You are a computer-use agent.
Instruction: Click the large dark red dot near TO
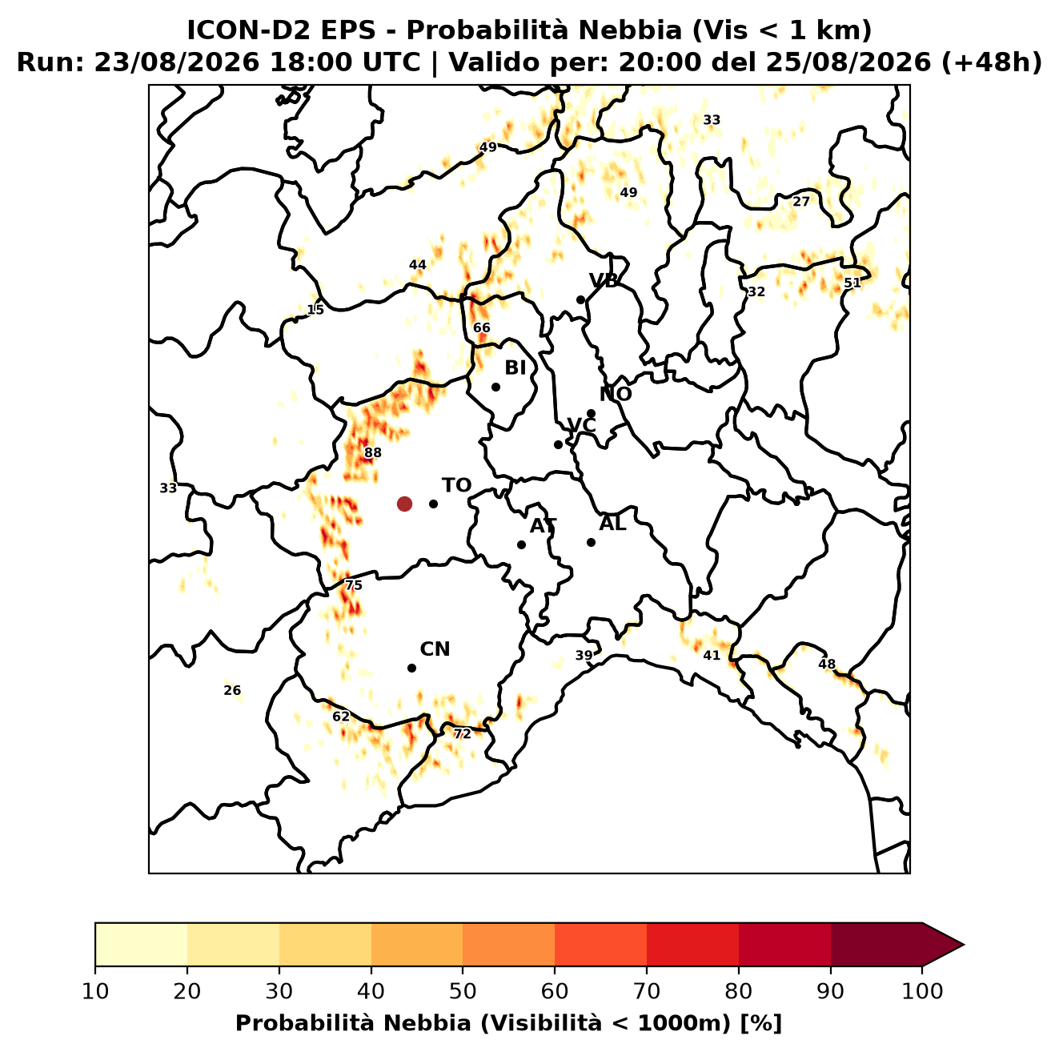(x=404, y=504)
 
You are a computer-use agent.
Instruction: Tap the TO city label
(x=457, y=486)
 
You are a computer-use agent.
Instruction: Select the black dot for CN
(x=411, y=669)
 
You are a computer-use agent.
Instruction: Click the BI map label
(x=515, y=368)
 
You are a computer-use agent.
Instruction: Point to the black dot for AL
(x=591, y=542)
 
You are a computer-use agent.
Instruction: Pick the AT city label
(x=543, y=526)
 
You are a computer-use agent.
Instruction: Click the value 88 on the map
(x=372, y=453)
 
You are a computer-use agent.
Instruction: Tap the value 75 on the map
(x=353, y=586)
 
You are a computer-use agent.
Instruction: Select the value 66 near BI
(x=481, y=328)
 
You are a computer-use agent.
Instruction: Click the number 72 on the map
(x=462, y=734)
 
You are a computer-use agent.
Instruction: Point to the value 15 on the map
(x=315, y=310)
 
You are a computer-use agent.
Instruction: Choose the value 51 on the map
(x=852, y=283)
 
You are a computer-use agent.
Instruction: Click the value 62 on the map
(x=341, y=717)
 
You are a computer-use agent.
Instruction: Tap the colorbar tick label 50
(x=463, y=991)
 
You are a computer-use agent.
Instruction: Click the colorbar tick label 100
(x=922, y=991)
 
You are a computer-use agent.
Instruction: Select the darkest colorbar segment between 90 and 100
(x=876, y=944)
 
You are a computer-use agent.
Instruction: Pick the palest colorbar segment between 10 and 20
(x=141, y=944)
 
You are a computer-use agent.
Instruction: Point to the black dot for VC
(x=559, y=444)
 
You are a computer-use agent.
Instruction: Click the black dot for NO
(x=591, y=414)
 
